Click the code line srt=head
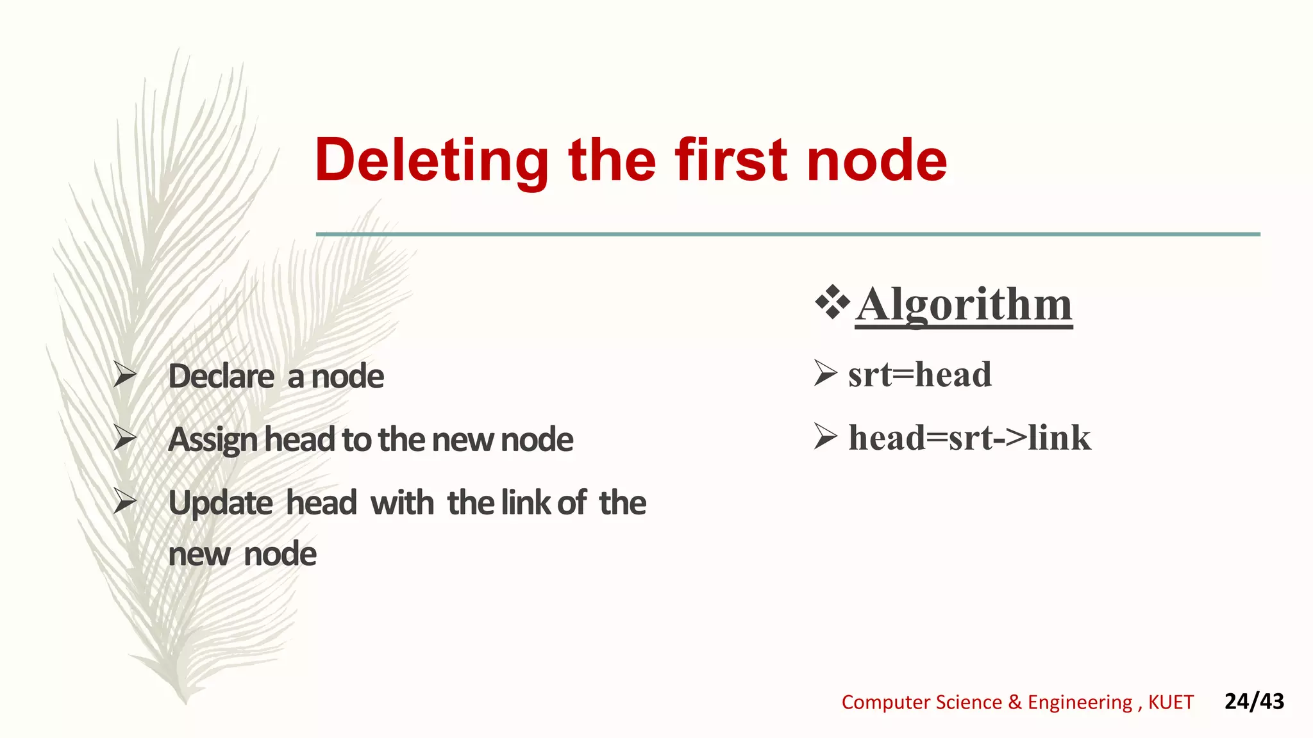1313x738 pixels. click(x=919, y=374)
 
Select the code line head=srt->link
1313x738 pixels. click(x=969, y=438)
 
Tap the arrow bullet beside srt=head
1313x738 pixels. click(x=825, y=373)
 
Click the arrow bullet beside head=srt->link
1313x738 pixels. click(x=825, y=437)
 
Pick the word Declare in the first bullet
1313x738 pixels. click(x=221, y=376)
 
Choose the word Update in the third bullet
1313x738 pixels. click(x=221, y=504)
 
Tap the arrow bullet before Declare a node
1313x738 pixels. click(x=124, y=375)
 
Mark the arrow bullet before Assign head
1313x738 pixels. click(x=124, y=439)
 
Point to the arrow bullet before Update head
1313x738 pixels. click(x=124, y=502)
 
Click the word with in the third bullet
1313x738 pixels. click(x=402, y=503)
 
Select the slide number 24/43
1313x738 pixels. click(x=1254, y=701)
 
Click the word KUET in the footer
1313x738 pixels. click(x=1171, y=703)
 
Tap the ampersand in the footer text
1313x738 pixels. click(x=1014, y=703)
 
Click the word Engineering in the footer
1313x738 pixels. click(x=1080, y=703)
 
